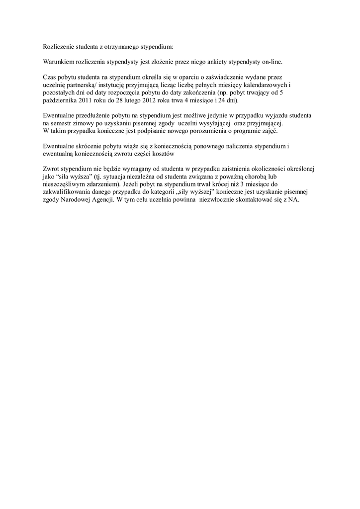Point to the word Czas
[x=50, y=78]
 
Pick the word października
[x=61, y=100]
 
